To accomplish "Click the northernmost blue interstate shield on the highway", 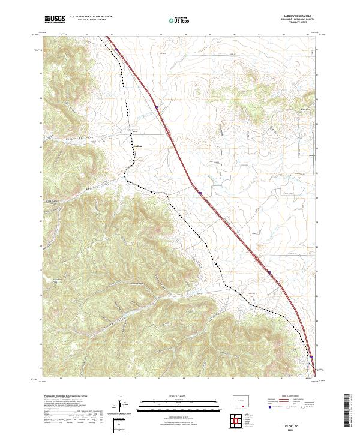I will pyautogui.click(x=157, y=109).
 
